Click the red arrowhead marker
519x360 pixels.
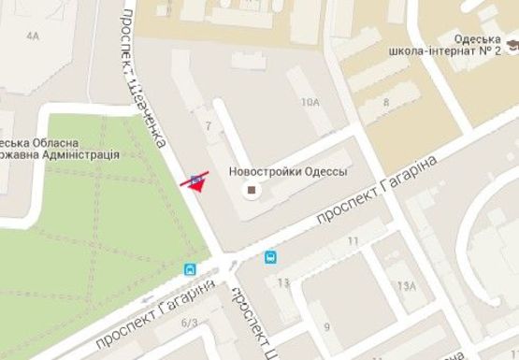[195, 185]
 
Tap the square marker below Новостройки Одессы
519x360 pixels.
[251, 191]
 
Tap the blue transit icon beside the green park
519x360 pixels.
[191, 269]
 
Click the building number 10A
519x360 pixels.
[308, 103]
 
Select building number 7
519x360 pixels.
[208, 124]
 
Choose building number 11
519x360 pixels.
[353, 241]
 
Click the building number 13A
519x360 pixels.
[406, 285]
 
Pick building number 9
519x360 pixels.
[326, 326]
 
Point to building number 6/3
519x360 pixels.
[190, 324]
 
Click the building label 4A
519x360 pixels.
[35, 36]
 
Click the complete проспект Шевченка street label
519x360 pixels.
[143, 75]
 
